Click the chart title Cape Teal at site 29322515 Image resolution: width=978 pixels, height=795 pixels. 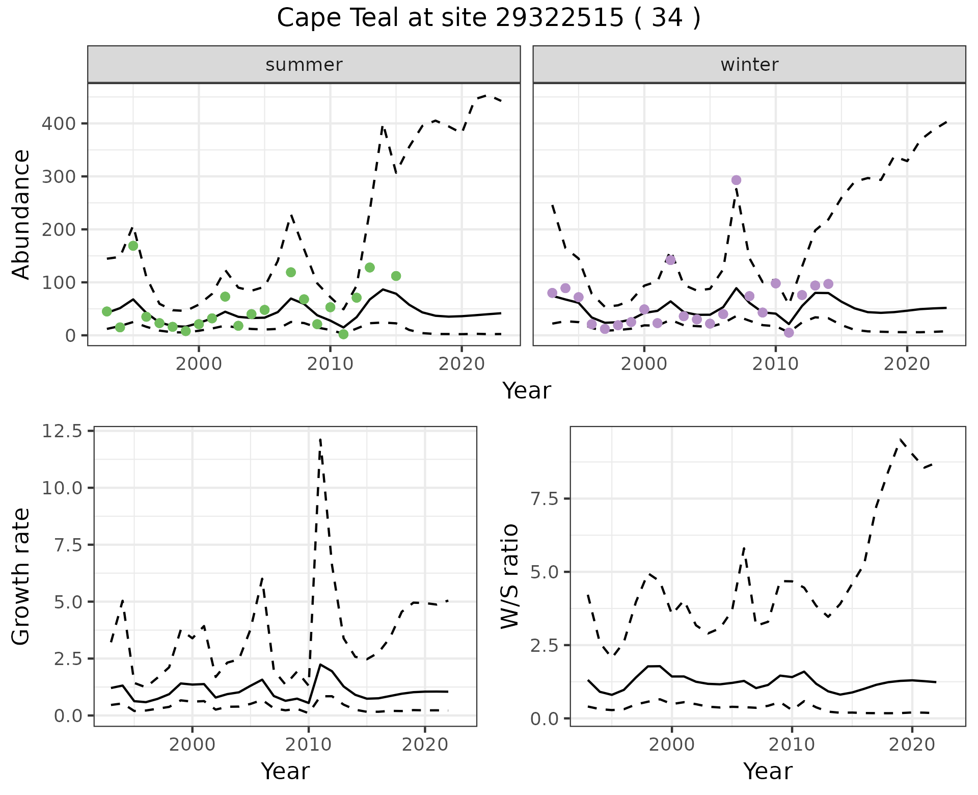[488, 18]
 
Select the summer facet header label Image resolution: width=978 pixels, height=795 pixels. [304, 65]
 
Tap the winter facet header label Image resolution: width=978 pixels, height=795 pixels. [749, 65]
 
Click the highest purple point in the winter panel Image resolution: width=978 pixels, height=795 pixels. [736, 180]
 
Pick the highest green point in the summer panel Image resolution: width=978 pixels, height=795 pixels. [133, 246]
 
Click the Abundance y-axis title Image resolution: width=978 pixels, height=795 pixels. [21, 214]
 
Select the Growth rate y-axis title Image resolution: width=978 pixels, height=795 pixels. [21, 576]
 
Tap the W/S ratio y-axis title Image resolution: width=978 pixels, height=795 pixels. [509, 576]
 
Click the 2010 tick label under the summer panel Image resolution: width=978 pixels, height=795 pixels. [330, 364]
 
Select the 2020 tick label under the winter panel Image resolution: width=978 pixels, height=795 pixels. [907, 364]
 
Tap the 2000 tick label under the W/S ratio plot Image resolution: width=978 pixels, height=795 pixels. [672, 745]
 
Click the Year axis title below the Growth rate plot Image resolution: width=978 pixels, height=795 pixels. [285, 772]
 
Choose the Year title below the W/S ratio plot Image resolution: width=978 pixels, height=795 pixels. [768, 772]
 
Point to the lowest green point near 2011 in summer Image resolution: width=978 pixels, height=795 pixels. [343, 334]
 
